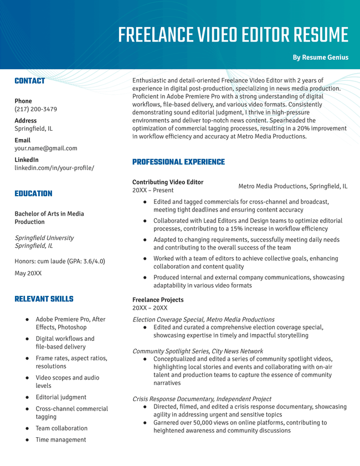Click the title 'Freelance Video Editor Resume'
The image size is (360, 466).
[x=233, y=35]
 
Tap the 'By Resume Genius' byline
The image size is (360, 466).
[x=321, y=57]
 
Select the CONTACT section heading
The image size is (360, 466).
[x=30, y=81]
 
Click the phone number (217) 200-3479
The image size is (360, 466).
[x=35, y=109]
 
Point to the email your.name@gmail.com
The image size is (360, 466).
[x=46, y=148]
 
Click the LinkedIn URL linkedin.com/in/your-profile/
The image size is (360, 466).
[x=54, y=168]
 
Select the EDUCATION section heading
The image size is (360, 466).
[x=33, y=193]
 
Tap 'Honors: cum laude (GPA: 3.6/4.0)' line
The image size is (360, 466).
[x=60, y=261]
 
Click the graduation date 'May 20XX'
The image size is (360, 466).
[x=28, y=273]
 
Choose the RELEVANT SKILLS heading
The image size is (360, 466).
[x=44, y=299]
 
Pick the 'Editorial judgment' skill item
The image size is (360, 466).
[x=61, y=397]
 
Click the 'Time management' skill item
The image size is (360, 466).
[x=61, y=440]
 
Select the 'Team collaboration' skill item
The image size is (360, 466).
[x=61, y=428]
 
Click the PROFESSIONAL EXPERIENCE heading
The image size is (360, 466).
[x=178, y=162]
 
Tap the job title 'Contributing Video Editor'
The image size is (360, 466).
[x=168, y=182]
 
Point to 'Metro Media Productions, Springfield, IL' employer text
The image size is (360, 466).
[x=292, y=186]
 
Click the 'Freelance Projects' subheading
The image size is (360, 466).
[x=158, y=300]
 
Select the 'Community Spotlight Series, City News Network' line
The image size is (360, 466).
[x=198, y=351]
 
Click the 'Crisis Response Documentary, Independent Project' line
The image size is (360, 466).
[x=202, y=399]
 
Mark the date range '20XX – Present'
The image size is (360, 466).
[x=153, y=190]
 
